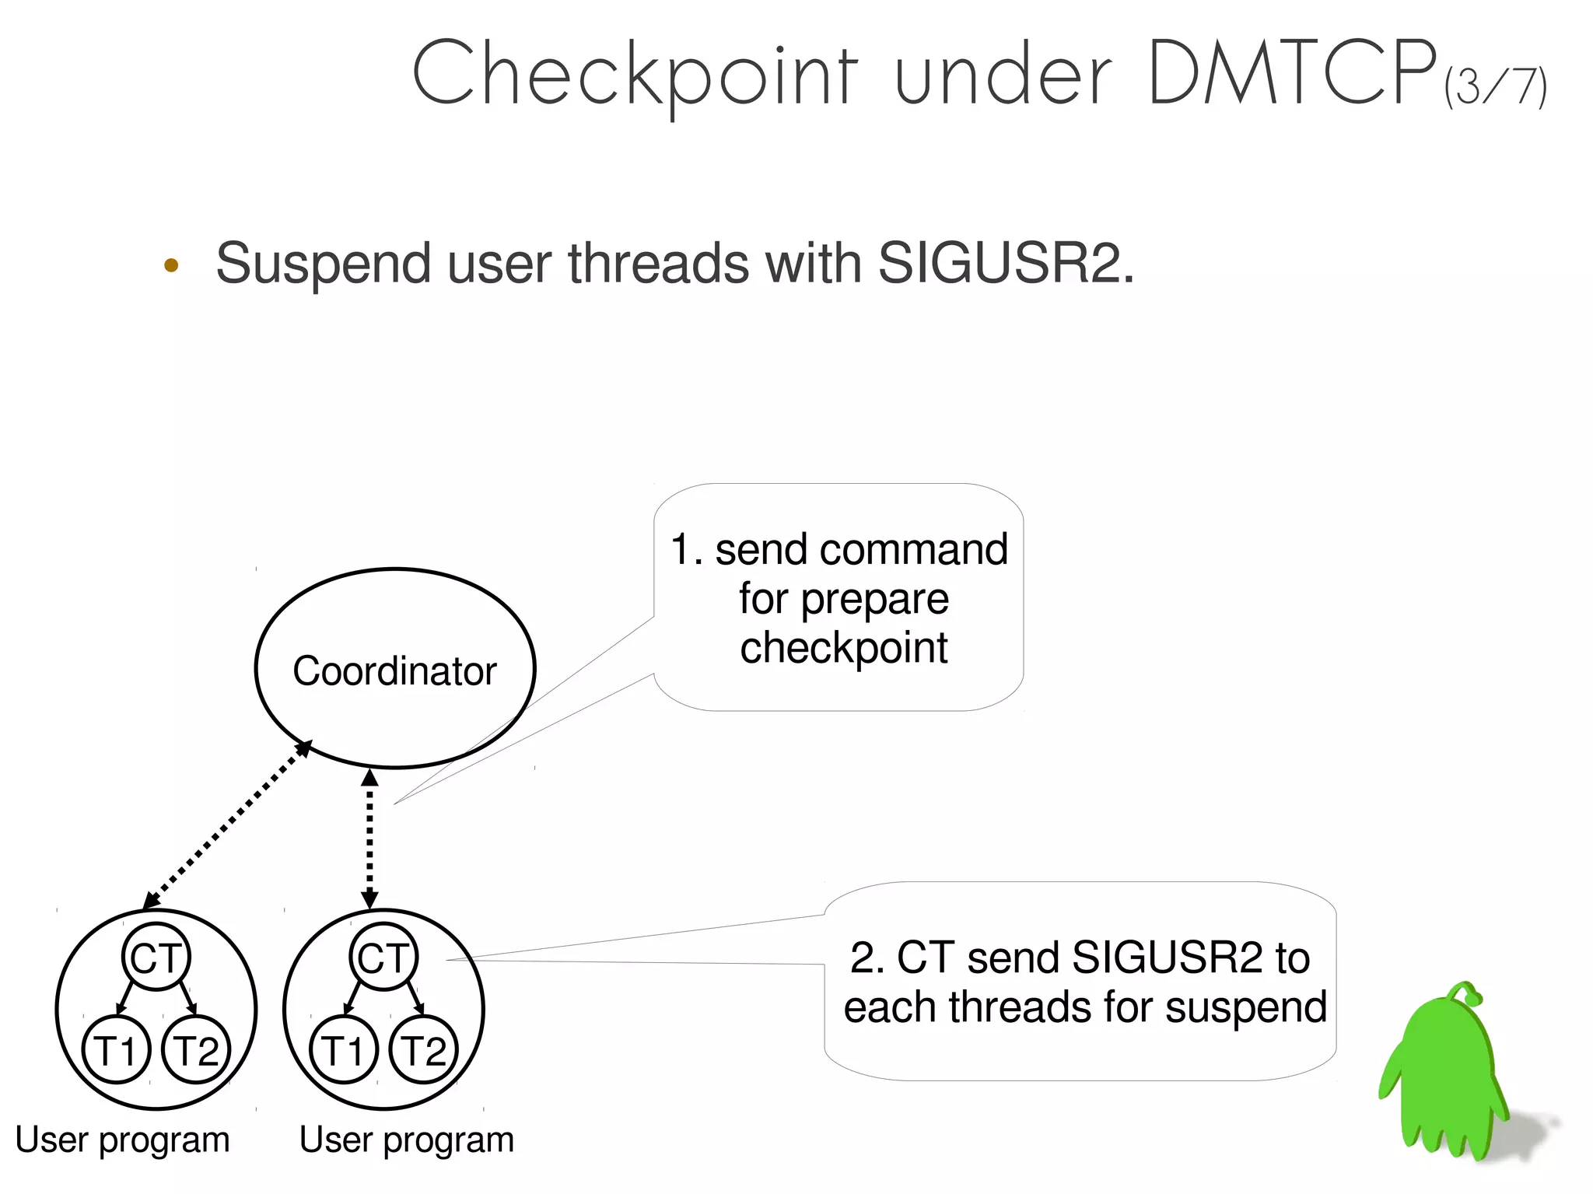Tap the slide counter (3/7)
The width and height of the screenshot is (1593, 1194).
coord(1496,87)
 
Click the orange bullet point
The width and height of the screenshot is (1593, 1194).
coord(172,265)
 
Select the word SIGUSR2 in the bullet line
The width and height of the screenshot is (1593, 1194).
coord(999,263)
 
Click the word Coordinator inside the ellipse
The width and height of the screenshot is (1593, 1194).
coord(394,671)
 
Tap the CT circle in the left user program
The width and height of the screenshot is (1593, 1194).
coord(156,957)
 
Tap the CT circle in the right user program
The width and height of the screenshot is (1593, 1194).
coord(383,957)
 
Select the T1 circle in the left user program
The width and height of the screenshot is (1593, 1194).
coord(116,1049)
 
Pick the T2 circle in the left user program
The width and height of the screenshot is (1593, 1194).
coord(196,1049)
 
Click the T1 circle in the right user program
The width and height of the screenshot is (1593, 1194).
coord(343,1049)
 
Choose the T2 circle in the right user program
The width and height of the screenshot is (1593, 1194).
coord(423,1049)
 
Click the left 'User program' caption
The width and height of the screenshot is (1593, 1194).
coord(122,1140)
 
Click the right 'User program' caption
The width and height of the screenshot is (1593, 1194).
coord(406,1140)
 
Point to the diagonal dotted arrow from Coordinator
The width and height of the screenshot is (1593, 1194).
coord(228,825)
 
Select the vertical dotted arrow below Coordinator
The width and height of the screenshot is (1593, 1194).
coord(370,839)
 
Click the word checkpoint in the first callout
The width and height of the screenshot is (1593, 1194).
coord(843,648)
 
